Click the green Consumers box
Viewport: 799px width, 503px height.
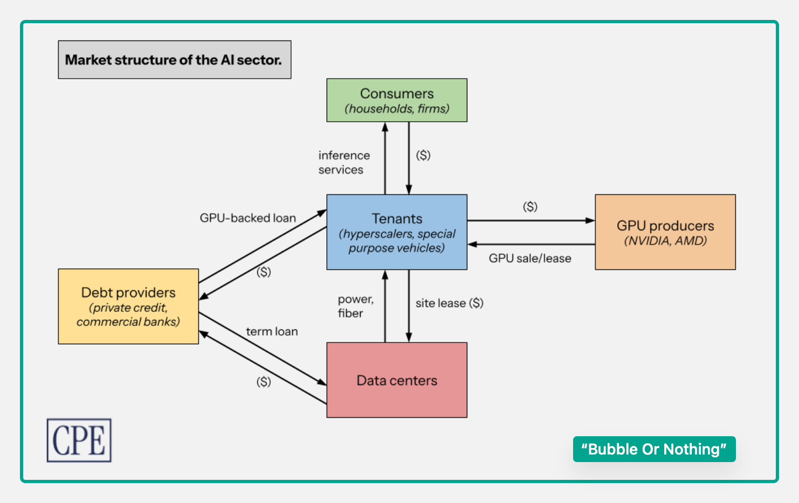[x=397, y=100]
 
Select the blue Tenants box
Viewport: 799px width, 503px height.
[x=397, y=232]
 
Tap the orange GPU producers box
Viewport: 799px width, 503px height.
[x=665, y=232]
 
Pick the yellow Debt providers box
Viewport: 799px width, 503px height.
[x=128, y=306]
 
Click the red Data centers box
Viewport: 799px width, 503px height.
[x=397, y=380]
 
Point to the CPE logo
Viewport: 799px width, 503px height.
[x=79, y=440]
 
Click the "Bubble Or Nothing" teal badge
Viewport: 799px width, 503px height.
[x=654, y=449]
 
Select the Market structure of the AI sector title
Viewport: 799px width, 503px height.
[x=174, y=60]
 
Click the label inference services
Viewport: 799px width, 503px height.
[x=343, y=162]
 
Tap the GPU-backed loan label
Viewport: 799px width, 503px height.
[x=247, y=218]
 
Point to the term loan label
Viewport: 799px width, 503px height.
[x=272, y=332]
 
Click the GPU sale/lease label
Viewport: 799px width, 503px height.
[x=529, y=259]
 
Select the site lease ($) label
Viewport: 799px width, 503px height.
[x=449, y=303]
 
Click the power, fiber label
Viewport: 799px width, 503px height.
[x=355, y=306]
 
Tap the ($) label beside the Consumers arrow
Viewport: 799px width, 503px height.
[x=423, y=155]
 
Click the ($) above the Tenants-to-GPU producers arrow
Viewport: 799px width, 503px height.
[x=530, y=207]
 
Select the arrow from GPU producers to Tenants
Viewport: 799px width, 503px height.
[x=531, y=244]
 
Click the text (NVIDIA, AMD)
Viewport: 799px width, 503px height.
[x=665, y=241]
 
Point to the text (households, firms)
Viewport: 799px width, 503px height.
[x=397, y=109]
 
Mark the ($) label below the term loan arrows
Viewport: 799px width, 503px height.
[x=264, y=382]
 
